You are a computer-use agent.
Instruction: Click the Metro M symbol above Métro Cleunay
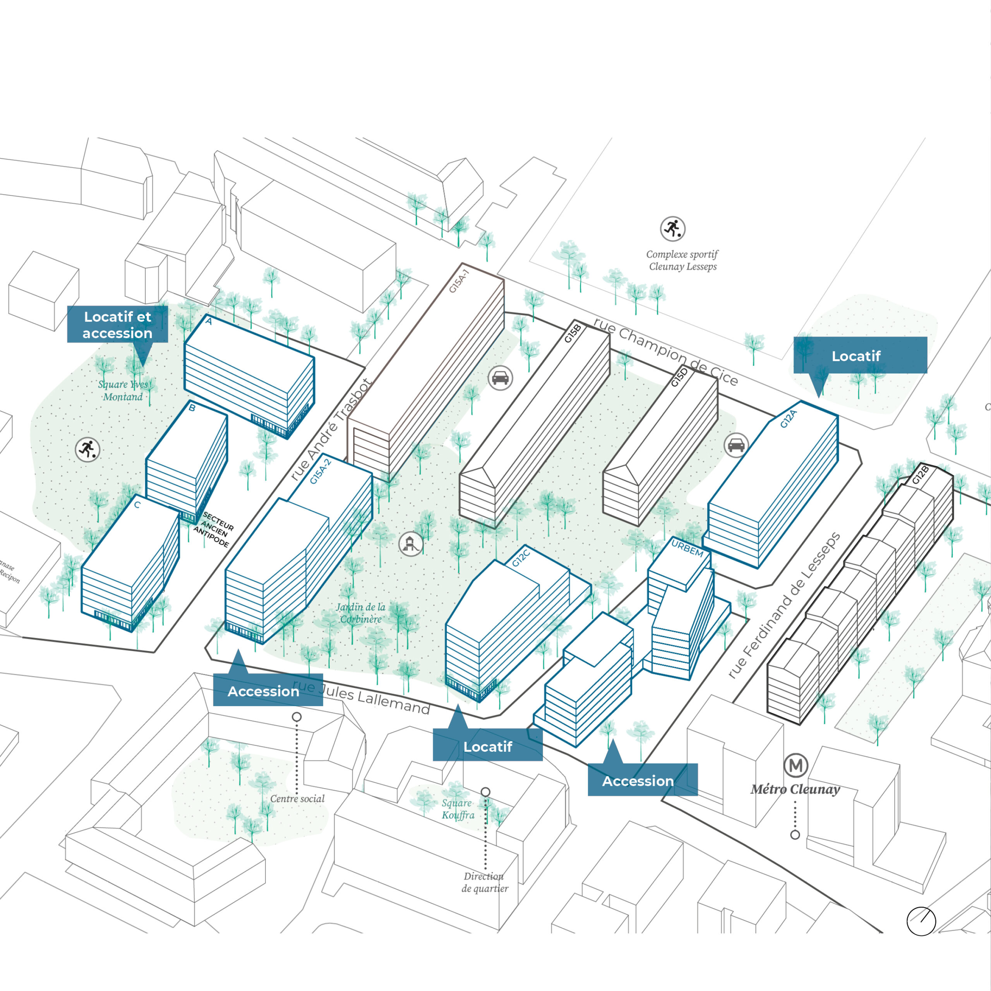coord(796,765)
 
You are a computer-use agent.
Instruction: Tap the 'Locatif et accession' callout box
coord(117,325)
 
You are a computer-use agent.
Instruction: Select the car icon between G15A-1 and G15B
coord(500,379)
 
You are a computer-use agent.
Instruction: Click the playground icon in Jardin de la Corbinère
coord(411,544)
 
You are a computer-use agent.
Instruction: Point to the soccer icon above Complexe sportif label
coord(672,229)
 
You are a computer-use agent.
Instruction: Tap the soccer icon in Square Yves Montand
coord(88,450)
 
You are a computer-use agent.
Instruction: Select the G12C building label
coord(521,557)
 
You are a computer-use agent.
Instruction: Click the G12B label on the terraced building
coord(921,475)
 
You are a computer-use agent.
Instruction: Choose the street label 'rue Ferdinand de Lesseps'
coord(784,606)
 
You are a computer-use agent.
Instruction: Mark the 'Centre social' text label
coord(298,799)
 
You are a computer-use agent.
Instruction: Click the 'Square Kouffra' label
coord(458,809)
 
